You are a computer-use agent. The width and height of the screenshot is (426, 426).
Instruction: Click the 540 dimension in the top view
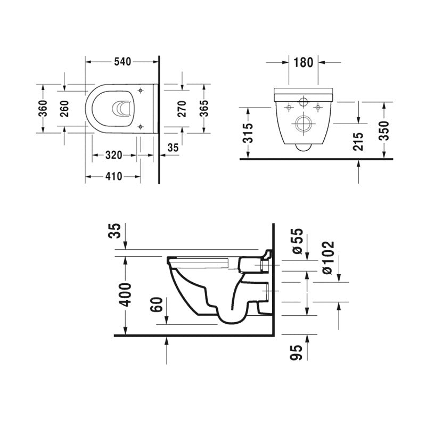[122, 62]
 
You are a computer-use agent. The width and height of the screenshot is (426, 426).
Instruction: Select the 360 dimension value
[44, 108]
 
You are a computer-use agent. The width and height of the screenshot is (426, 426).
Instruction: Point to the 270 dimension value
[181, 108]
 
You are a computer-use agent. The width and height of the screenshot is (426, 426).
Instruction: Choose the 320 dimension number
[113, 155]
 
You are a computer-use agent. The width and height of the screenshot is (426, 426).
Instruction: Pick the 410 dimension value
[113, 176]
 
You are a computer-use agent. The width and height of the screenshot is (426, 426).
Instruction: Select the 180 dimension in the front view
[303, 62]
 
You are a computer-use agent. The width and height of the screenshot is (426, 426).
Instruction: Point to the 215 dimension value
[358, 142]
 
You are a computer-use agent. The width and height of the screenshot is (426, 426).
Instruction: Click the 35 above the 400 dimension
[118, 232]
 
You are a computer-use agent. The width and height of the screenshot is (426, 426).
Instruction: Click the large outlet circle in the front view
[303, 126]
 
